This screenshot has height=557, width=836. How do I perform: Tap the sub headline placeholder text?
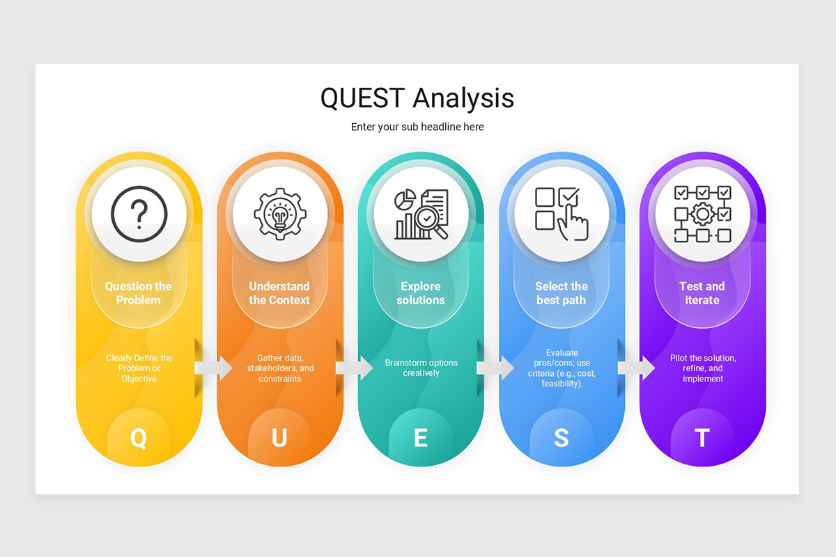point(417,127)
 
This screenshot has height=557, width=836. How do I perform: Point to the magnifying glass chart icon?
point(421,213)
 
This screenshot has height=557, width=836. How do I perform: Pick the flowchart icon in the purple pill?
point(702,213)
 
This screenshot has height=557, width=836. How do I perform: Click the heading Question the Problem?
point(138,293)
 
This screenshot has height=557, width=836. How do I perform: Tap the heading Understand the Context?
point(279,293)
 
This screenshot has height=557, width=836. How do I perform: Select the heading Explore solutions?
point(421,293)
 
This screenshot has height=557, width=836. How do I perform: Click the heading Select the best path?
point(562,293)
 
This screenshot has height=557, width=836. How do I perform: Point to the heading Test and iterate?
point(702,293)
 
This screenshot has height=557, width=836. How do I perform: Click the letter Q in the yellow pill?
point(139,438)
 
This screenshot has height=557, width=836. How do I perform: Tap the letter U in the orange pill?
point(279,438)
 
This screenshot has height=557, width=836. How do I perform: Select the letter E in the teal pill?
point(421,438)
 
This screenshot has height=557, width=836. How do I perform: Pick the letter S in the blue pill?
point(562,438)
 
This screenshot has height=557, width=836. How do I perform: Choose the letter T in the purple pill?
point(702,438)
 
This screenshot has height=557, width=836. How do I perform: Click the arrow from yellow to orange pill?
point(213,368)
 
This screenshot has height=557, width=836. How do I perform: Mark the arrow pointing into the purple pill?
point(636,368)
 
